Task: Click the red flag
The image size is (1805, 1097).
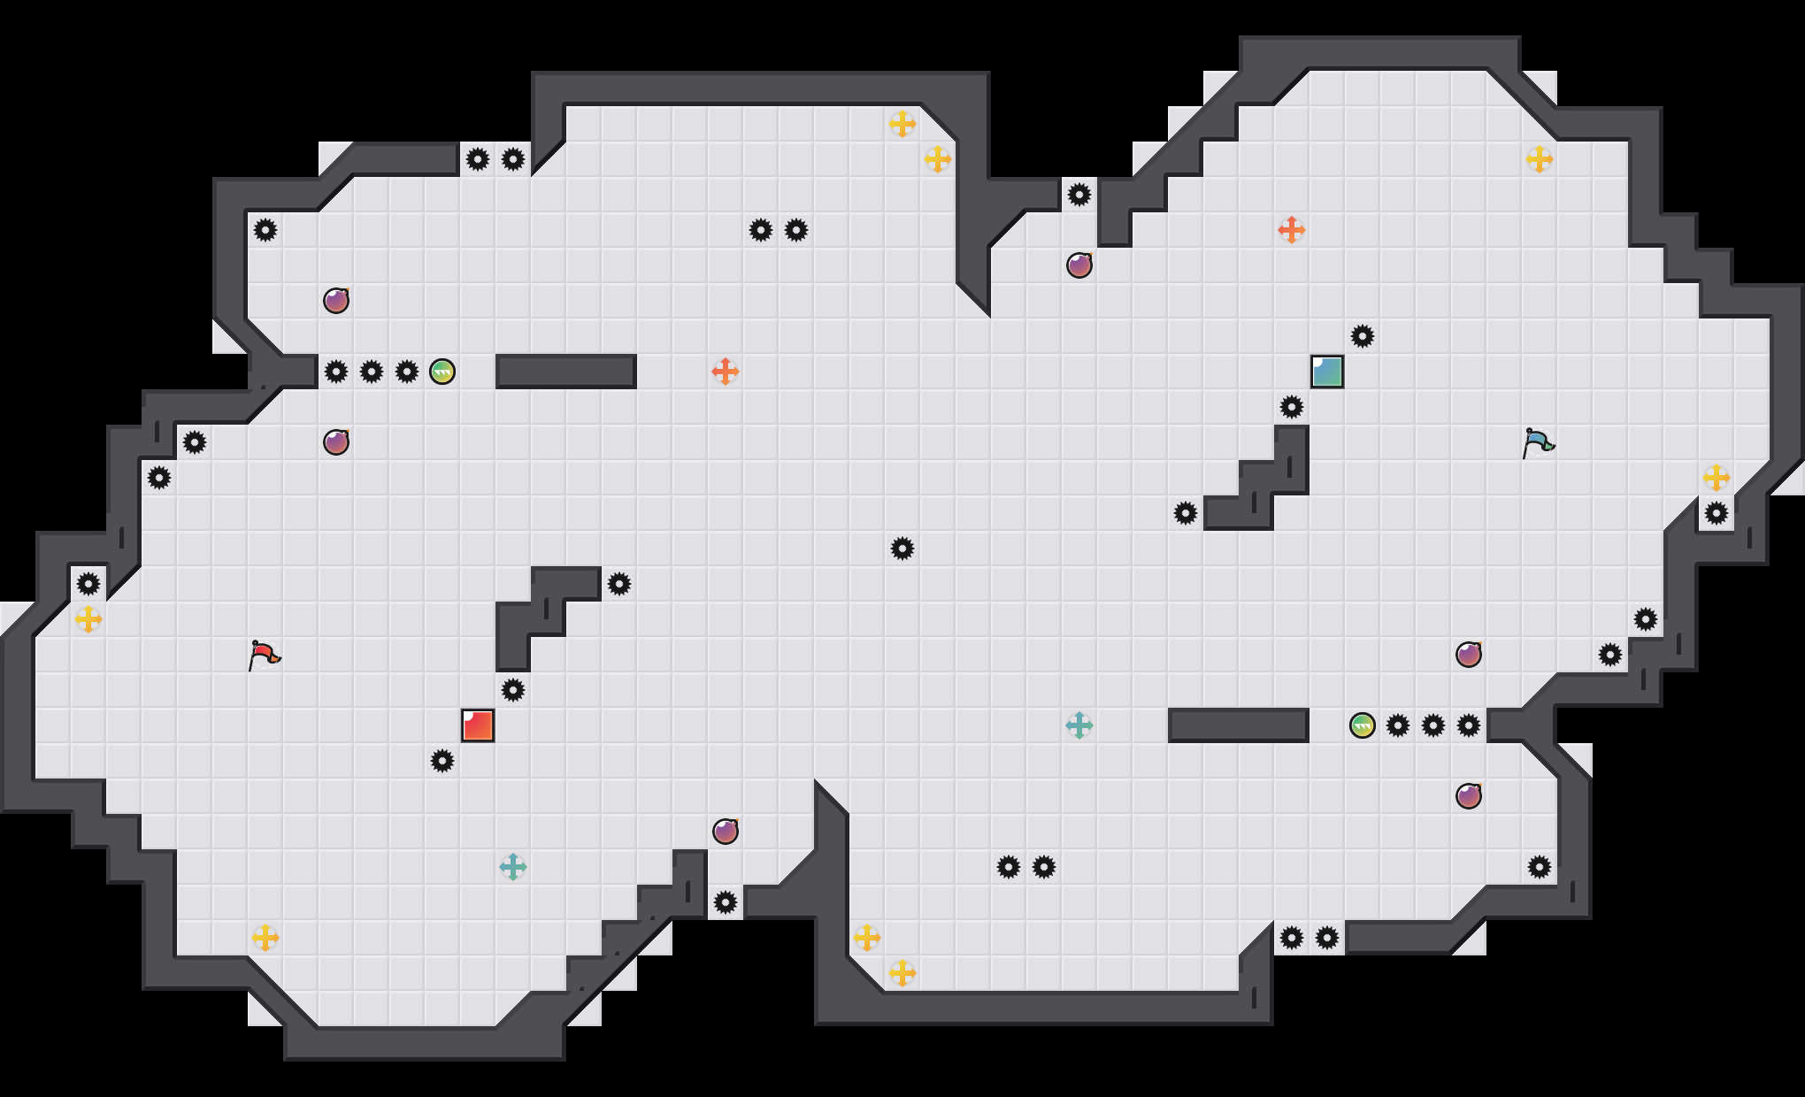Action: click(x=264, y=655)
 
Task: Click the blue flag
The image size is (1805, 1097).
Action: click(x=1538, y=442)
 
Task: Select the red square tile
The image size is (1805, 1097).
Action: click(x=478, y=725)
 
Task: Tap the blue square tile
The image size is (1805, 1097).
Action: click(x=1327, y=372)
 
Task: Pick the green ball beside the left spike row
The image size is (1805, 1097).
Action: click(x=442, y=372)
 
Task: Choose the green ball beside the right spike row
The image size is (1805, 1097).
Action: click(x=1363, y=725)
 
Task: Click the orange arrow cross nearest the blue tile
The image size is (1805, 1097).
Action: click(x=1292, y=230)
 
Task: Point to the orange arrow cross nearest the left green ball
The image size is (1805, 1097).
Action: click(x=726, y=372)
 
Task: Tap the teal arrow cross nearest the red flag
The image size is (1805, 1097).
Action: click(x=513, y=867)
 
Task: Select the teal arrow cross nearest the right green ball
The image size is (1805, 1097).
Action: click(x=1079, y=725)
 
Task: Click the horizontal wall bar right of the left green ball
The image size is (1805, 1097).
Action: click(x=566, y=372)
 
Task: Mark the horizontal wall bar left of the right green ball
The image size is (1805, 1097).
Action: click(x=1239, y=725)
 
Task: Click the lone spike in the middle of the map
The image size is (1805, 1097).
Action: click(x=902, y=548)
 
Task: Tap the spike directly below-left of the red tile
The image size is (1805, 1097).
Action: click(x=442, y=761)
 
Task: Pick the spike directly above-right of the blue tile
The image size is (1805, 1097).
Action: click(x=1363, y=336)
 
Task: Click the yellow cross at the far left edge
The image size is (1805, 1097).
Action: click(x=88, y=619)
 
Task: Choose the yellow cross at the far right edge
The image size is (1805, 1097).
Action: click(x=1717, y=478)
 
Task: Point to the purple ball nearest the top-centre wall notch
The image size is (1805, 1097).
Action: click(x=1079, y=265)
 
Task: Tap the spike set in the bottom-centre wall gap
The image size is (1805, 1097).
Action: click(x=726, y=902)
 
